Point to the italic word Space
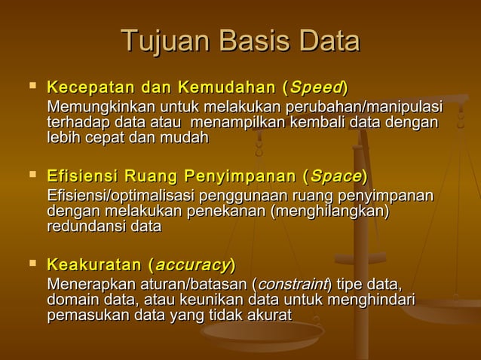(x=335, y=178)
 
